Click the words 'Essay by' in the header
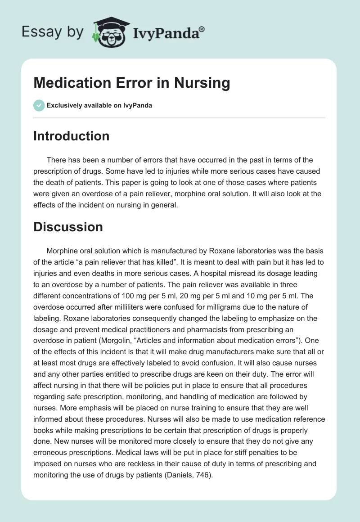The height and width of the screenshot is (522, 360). point(53,32)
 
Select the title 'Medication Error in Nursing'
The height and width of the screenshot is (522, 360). point(132,83)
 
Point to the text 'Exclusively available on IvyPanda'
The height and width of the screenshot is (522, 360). point(99,105)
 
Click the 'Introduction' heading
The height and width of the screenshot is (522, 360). point(71,136)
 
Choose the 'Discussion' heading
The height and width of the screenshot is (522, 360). point(68,227)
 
